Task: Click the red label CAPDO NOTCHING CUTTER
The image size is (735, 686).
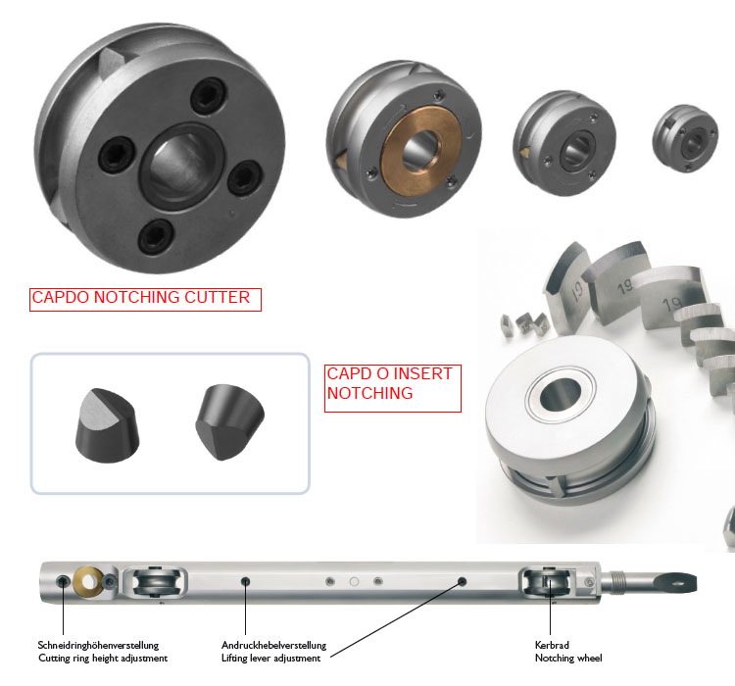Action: tap(145, 299)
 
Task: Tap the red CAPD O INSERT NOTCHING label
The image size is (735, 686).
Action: tap(393, 388)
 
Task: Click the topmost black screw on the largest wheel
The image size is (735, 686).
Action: tap(209, 96)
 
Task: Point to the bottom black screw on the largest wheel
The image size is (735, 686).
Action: tap(156, 237)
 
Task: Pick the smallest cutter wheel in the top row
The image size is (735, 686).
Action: tap(685, 138)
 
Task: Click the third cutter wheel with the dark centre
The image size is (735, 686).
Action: tap(564, 142)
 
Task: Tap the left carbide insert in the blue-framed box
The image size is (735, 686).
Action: tap(107, 425)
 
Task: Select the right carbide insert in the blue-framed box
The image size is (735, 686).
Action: tap(229, 422)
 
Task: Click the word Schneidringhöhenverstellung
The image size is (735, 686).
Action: tap(98, 645)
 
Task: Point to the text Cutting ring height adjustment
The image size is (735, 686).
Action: tap(103, 658)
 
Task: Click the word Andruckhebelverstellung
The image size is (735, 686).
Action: tap(273, 645)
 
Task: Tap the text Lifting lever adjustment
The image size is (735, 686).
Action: tap(270, 658)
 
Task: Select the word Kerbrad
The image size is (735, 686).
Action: tap(552, 645)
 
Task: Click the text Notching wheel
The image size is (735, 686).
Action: tap(568, 658)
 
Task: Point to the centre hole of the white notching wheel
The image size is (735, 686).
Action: tap(561, 395)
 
